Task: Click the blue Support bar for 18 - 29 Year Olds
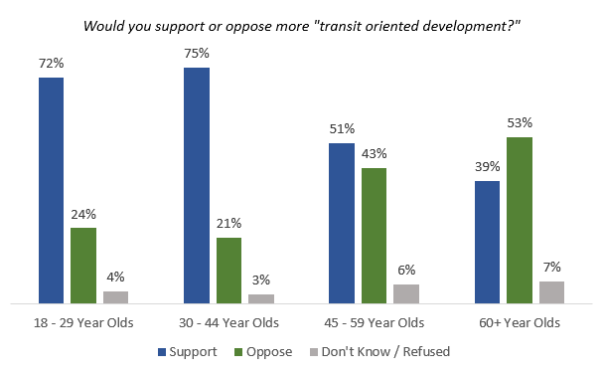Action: (52, 189)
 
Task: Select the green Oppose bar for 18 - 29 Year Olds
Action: (83, 265)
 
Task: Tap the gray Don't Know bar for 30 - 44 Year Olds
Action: (261, 297)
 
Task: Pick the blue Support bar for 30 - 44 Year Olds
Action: (197, 185)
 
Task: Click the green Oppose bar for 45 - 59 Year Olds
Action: (375, 235)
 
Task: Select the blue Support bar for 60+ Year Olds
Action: (487, 241)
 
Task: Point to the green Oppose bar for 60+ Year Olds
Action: (520, 219)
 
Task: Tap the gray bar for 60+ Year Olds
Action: (551, 291)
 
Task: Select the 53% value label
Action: (520, 123)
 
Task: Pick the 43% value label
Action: (375, 154)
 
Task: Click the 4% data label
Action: (116, 278)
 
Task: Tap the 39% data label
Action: (487, 167)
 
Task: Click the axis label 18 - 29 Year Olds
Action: (84, 322)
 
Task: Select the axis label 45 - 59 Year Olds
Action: (375, 322)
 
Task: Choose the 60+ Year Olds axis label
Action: (520, 322)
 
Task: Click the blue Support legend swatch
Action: (163, 351)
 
